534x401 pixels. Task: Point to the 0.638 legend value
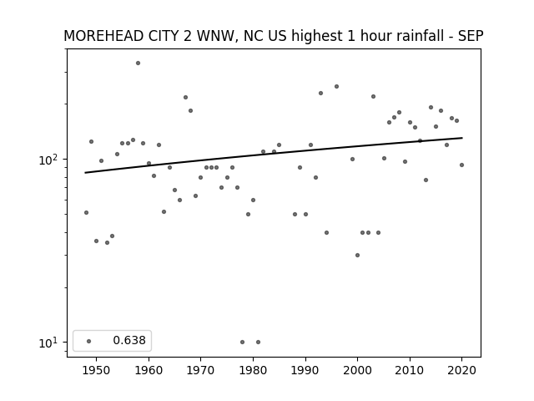[129, 340]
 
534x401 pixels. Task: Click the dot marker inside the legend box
[89, 341]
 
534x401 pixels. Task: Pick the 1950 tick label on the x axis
[97, 370]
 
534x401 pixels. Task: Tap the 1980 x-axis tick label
[253, 370]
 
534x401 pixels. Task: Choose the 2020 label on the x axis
[461, 370]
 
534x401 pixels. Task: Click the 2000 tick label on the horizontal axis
[357, 370]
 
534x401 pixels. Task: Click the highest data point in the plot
[138, 63]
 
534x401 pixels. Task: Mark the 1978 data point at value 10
[243, 342]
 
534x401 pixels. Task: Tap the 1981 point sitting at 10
[258, 342]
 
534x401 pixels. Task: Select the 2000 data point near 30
[357, 255]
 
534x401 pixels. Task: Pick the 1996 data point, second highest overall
[336, 87]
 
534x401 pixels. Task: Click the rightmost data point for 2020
[461, 165]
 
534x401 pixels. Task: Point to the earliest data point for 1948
[86, 213]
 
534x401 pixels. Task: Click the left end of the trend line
[85, 173]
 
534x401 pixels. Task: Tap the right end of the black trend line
[462, 138]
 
